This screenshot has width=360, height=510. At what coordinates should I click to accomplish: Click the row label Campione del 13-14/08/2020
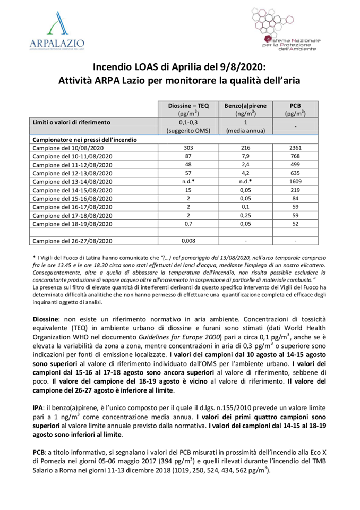73,181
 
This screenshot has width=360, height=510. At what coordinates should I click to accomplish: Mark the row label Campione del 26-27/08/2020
73,240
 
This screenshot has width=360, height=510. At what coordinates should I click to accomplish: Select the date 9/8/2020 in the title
242,67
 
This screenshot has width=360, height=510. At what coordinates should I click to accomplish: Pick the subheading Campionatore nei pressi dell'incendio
85,139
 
